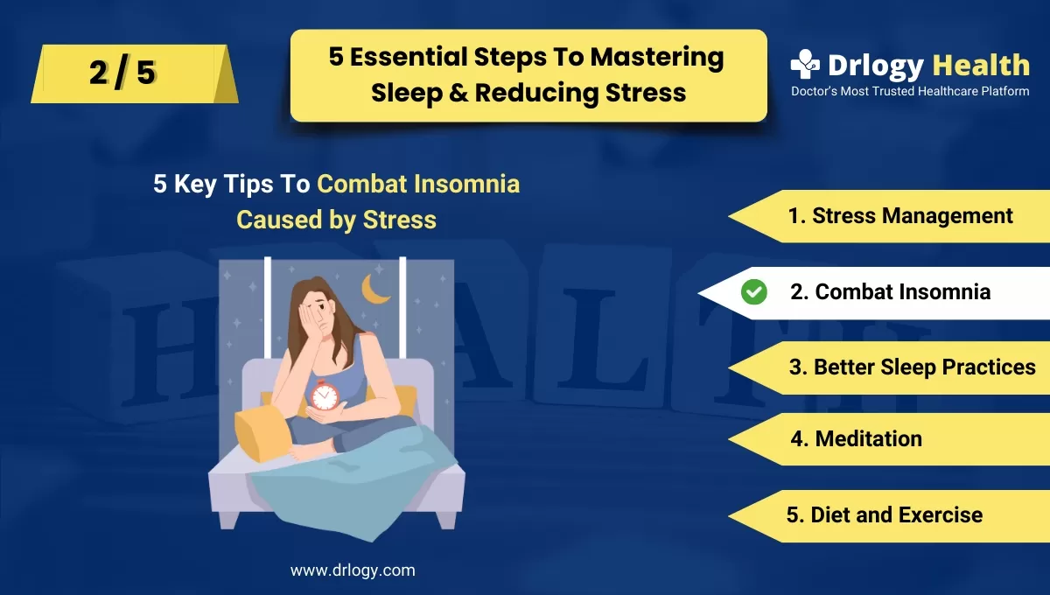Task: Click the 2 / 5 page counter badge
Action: [122, 73]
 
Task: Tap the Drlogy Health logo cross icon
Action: [805, 65]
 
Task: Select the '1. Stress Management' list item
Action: [900, 215]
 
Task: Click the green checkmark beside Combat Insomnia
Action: [753, 292]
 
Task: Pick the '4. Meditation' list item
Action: [856, 438]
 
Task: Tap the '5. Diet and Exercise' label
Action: [884, 514]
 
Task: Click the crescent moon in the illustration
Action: [376, 289]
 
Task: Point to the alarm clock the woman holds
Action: [325, 396]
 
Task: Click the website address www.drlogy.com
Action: [353, 570]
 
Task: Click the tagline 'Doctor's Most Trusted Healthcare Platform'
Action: [910, 91]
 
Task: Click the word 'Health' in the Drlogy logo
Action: [980, 65]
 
